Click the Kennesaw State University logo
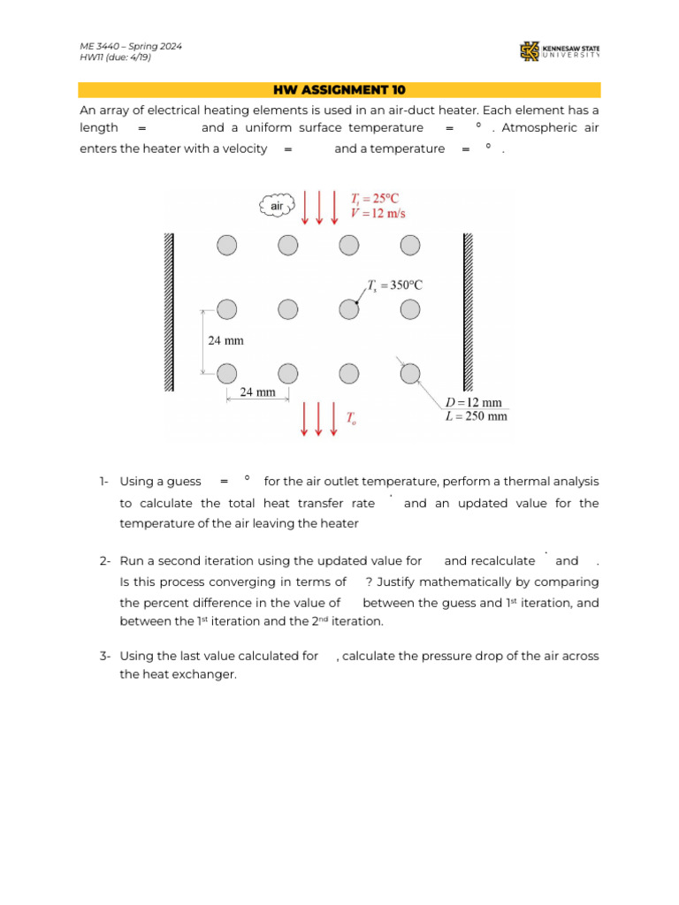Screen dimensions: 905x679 pyautogui.click(x=560, y=52)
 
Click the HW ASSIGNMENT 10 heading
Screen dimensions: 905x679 pyautogui.click(x=339, y=90)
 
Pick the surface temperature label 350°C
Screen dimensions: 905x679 pyautogui.click(x=395, y=285)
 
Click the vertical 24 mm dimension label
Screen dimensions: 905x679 pyautogui.click(x=225, y=340)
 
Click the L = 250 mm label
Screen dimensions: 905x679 pyautogui.click(x=476, y=416)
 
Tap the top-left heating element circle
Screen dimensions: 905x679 pyautogui.click(x=227, y=245)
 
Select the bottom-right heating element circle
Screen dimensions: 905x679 pyautogui.click(x=409, y=374)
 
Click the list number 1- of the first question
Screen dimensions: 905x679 pyautogui.click(x=104, y=482)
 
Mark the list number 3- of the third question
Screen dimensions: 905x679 pyautogui.click(x=104, y=656)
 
